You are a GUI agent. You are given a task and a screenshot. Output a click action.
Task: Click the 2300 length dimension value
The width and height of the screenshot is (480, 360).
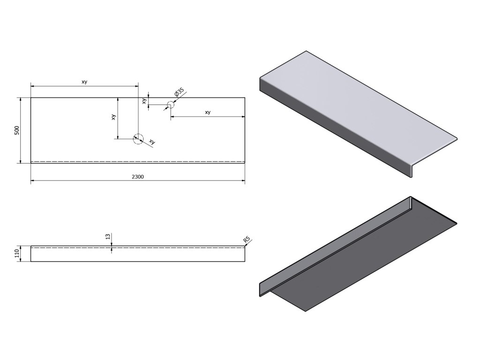coord(138,177)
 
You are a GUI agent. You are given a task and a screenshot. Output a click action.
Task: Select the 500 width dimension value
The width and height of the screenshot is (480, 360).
coord(17,130)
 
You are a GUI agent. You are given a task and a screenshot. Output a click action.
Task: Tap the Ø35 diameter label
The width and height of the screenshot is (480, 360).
coord(179,92)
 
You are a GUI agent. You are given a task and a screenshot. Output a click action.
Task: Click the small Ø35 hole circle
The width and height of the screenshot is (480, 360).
coord(170,106)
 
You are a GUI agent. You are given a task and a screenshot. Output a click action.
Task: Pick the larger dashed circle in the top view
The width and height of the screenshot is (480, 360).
coord(138,138)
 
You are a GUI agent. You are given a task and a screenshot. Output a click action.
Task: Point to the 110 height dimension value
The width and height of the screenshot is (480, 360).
coord(17,254)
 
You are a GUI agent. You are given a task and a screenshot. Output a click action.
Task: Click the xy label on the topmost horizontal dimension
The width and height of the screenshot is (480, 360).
coord(84,82)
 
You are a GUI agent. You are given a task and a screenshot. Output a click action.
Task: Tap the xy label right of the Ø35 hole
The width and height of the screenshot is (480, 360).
coord(208,112)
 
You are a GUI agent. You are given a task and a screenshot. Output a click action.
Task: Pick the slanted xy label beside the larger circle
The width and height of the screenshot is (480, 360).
coord(151,141)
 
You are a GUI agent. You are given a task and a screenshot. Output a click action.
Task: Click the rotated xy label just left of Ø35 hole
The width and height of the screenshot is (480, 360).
coord(145,100)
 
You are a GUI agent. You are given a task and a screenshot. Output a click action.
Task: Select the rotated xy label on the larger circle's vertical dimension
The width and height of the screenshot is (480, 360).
coord(113,117)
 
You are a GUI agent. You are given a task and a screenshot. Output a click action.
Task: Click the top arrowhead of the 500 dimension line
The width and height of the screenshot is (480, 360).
coord(21,100)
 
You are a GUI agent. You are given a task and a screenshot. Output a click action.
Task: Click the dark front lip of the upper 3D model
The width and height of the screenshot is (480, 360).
coord(337,131)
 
